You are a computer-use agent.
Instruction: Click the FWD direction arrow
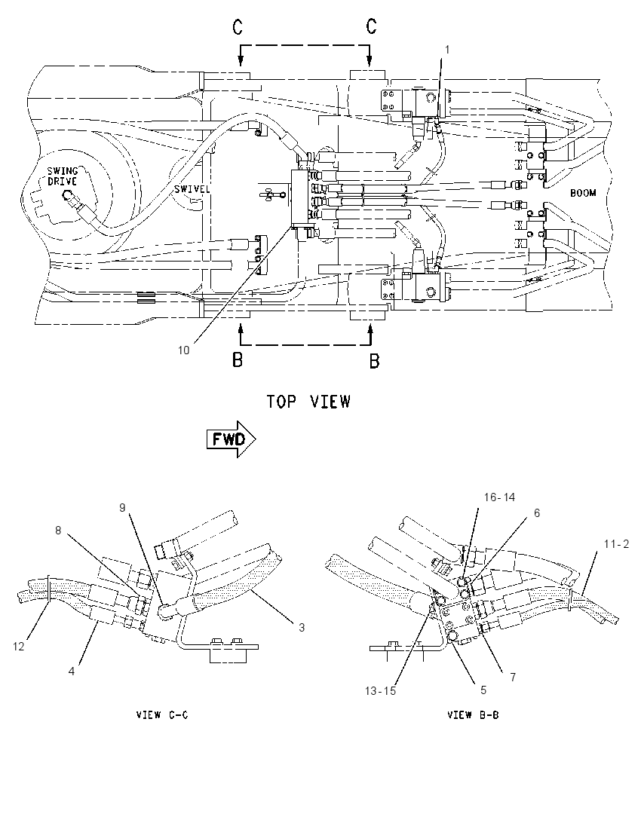[231, 439]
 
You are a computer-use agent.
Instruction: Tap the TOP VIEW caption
[308, 402]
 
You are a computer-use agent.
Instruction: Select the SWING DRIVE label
[62, 176]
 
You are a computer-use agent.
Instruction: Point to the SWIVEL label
[192, 188]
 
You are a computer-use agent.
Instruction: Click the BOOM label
[583, 193]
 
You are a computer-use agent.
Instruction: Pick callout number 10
[183, 350]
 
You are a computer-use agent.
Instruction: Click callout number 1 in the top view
[447, 50]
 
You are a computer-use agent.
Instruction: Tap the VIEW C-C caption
[162, 715]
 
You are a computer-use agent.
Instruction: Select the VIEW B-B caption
[473, 715]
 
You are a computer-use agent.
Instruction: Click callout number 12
[18, 646]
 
